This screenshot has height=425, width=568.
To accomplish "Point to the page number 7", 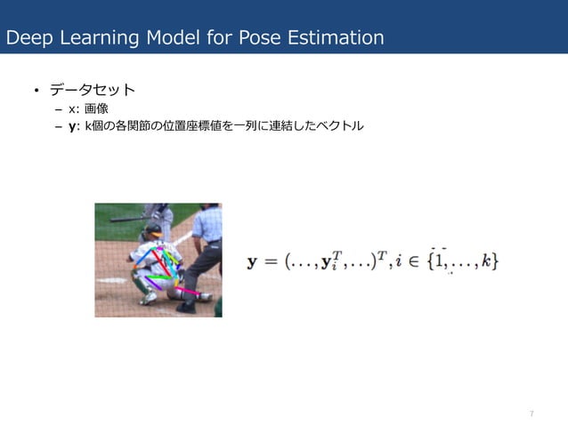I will tap(531, 414).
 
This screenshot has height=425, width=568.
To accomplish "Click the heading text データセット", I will tap(92, 91).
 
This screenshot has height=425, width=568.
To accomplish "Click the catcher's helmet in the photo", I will tap(152, 231).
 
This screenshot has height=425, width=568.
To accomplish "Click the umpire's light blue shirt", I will tap(206, 225).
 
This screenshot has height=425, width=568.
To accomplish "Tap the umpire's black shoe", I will tap(186, 308).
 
